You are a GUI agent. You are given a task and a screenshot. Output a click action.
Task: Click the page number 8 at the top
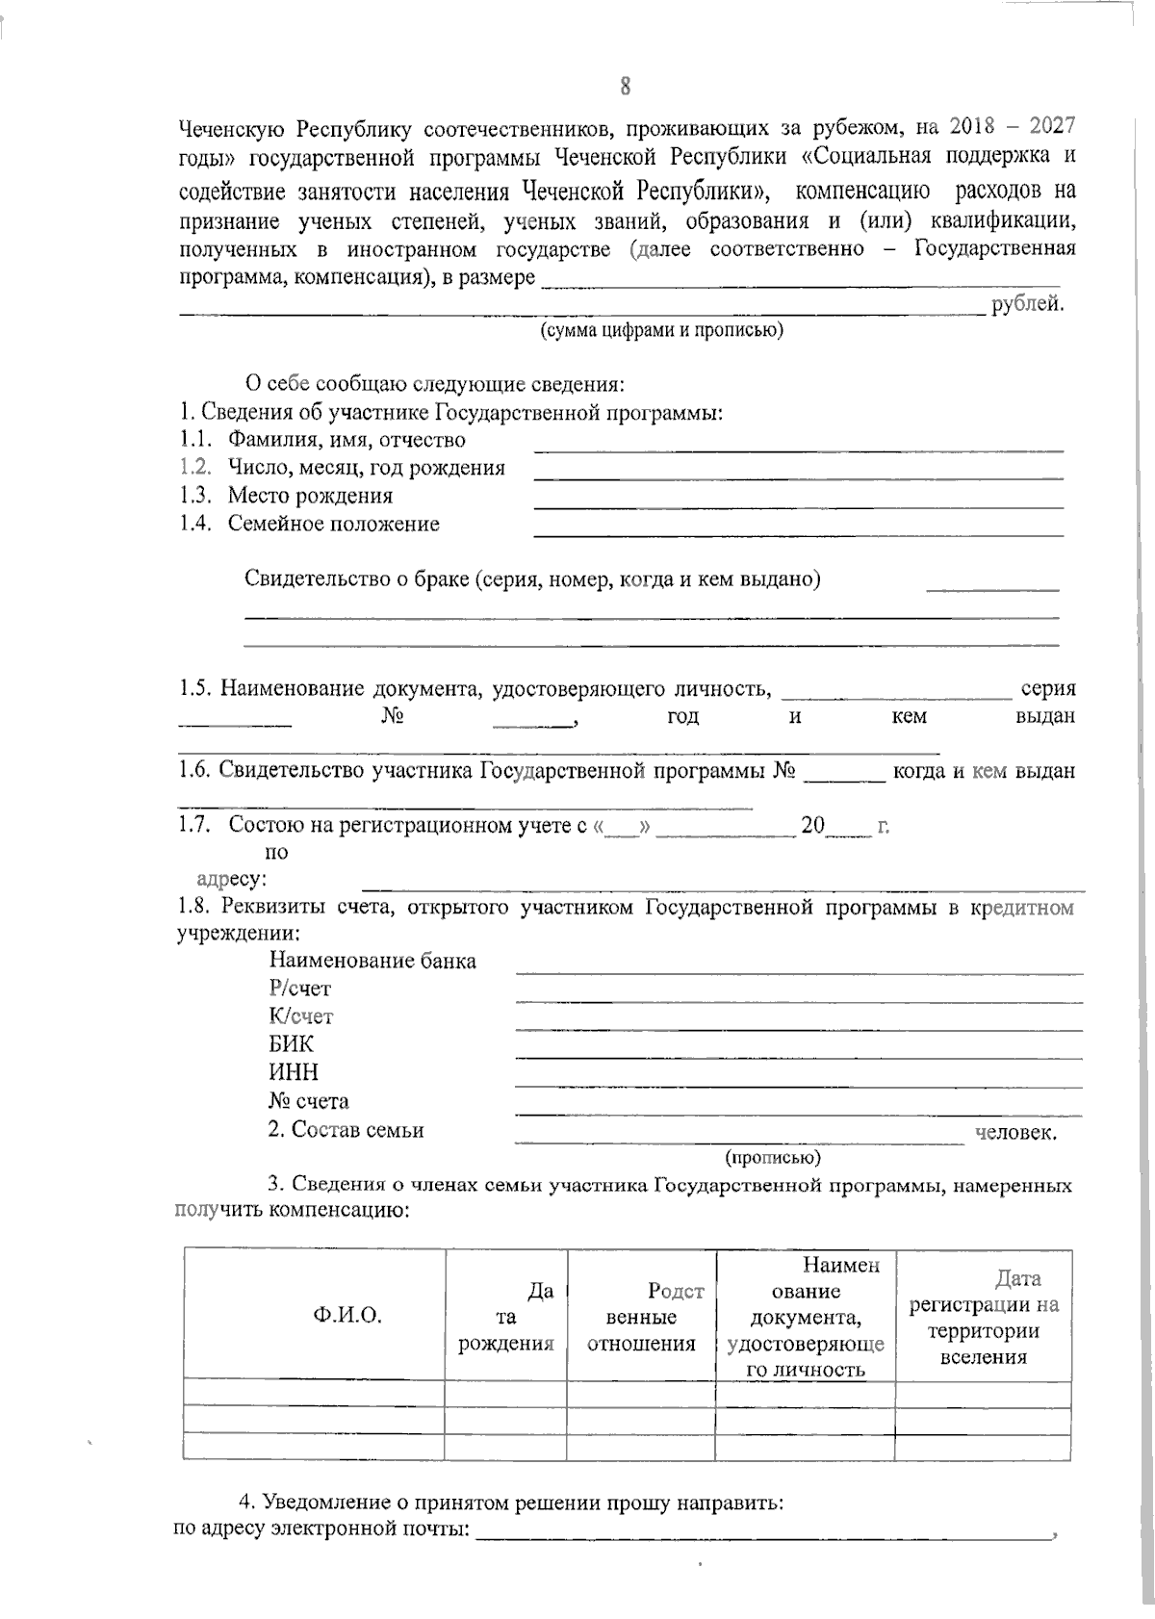coord(625,88)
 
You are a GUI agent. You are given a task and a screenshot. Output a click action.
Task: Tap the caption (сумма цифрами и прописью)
coord(660,331)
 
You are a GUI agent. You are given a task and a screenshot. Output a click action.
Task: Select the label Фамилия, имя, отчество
coord(346,441)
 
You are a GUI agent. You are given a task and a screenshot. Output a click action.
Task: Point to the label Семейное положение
coord(333,525)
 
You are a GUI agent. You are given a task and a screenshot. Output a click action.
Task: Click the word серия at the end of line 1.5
coord(1047,689)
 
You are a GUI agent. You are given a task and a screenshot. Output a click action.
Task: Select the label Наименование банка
coord(372,961)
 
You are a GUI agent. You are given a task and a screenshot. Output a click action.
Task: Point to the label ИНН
coord(294,1072)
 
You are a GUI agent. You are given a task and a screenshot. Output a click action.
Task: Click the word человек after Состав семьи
coord(1015,1133)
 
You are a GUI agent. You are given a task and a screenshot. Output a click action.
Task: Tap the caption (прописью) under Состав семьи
coord(773,1157)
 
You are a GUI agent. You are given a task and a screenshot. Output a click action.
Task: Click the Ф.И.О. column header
coord(347,1317)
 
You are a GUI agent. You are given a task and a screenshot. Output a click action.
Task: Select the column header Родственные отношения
coord(642,1317)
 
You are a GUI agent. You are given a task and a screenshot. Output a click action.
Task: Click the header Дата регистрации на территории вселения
coord(984,1317)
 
